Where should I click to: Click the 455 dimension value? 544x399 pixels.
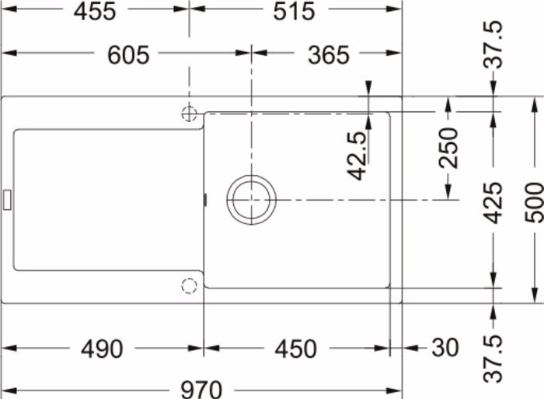[x=94, y=12]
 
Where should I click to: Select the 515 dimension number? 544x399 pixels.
[x=295, y=12]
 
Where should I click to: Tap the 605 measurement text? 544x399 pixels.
[x=128, y=55]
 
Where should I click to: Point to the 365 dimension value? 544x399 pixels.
[x=329, y=55]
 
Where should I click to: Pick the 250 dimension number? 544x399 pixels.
[x=448, y=148]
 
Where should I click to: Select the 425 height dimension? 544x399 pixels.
[x=493, y=203]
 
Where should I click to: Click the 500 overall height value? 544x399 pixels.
[x=534, y=203]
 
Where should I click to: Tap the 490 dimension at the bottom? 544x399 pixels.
[x=102, y=348]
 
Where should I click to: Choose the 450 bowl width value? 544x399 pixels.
[x=295, y=348]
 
